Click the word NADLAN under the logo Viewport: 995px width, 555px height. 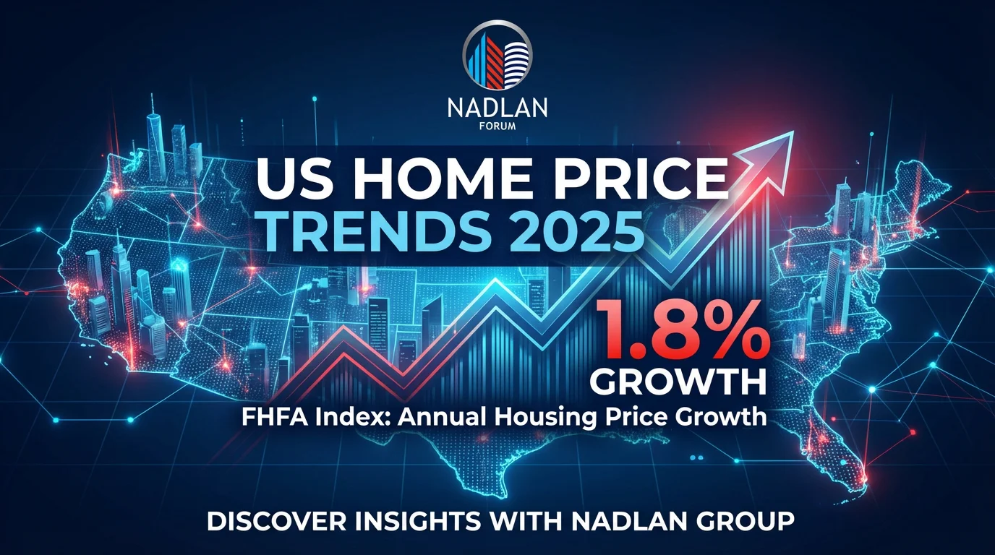[497, 108]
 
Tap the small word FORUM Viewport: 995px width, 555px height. [497, 130]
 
